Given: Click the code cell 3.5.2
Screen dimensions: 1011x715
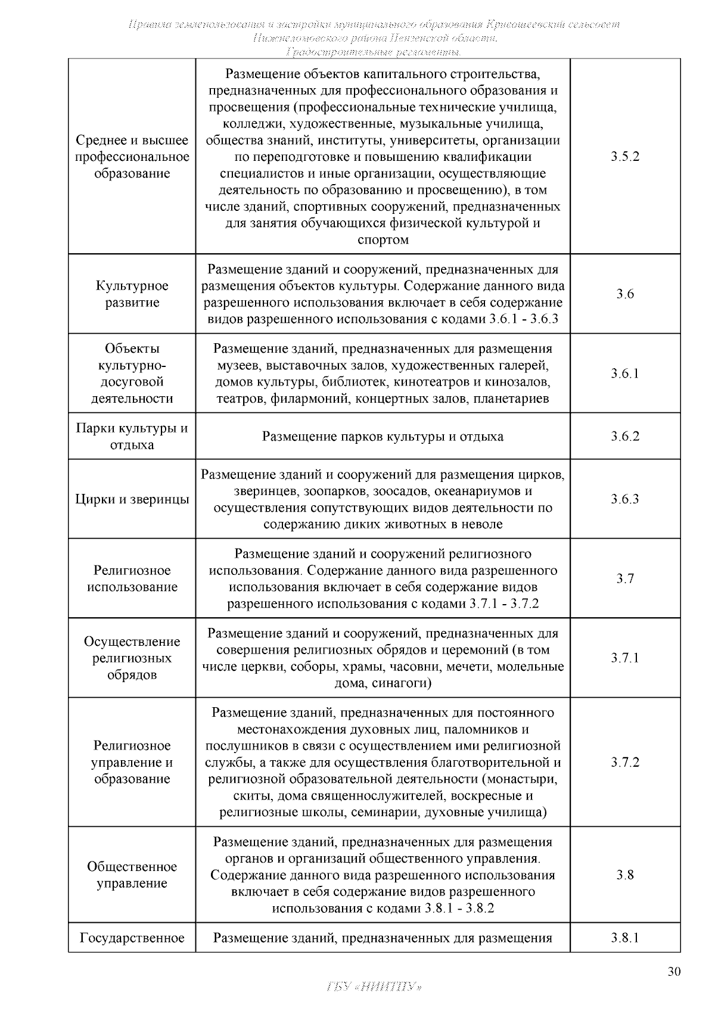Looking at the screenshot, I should [624, 157].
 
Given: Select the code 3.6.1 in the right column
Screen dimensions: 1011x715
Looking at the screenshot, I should [624, 374].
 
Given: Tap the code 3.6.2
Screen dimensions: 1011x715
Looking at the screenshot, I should [624, 436].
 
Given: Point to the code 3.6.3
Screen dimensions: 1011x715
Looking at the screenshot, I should [624, 499].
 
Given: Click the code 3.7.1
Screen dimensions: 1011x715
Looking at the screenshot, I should [624, 658].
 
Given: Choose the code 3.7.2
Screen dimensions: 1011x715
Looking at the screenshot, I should [624, 763].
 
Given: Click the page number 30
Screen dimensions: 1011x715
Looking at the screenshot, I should [673, 972].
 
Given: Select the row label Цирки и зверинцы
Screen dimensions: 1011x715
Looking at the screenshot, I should [132, 499].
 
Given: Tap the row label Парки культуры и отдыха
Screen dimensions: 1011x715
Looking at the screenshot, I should [132, 437].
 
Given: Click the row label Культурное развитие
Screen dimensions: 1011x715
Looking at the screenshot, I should [132, 294].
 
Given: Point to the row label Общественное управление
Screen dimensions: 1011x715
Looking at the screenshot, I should [132, 875].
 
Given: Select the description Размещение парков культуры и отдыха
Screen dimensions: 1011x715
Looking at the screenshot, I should [383, 437].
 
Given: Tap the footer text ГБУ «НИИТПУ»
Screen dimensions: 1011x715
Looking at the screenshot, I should [375, 986].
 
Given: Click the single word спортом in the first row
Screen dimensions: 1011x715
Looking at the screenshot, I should [383, 240].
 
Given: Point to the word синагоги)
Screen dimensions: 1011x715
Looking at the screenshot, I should [402, 683].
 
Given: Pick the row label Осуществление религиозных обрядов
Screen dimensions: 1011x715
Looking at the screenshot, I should [132, 658].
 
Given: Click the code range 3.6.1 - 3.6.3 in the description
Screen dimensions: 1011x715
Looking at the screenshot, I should [523, 319].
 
